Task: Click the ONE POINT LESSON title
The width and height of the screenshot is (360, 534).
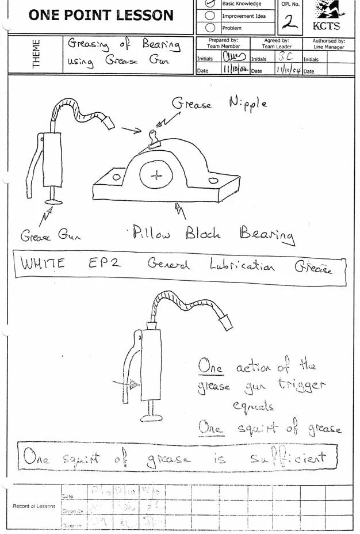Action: click(x=101, y=16)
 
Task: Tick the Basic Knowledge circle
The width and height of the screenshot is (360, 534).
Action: click(x=210, y=3)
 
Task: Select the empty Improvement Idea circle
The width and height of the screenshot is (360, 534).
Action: click(x=210, y=16)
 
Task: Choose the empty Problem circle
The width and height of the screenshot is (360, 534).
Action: click(x=210, y=28)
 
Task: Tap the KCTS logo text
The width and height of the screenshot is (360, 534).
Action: click(x=326, y=26)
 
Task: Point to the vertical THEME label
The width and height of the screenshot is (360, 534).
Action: click(x=36, y=54)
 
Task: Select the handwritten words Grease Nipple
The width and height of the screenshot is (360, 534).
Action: click(x=220, y=104)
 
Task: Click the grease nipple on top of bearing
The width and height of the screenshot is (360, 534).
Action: click(x=154, y=139)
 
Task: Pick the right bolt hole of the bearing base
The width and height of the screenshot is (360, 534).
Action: click(x=213, y=181)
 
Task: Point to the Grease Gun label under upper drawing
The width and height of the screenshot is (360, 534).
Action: click(x=51, y=235)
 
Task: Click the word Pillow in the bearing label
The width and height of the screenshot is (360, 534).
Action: click(x=151, y=232)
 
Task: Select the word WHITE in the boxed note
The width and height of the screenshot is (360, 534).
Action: click(x=43, y=264)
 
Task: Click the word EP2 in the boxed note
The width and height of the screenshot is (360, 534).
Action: click(x=104, y=264)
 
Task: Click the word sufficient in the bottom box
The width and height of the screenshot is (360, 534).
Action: click(x=288, y=458)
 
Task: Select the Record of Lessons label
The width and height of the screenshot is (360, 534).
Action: click(x=35, y=506)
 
